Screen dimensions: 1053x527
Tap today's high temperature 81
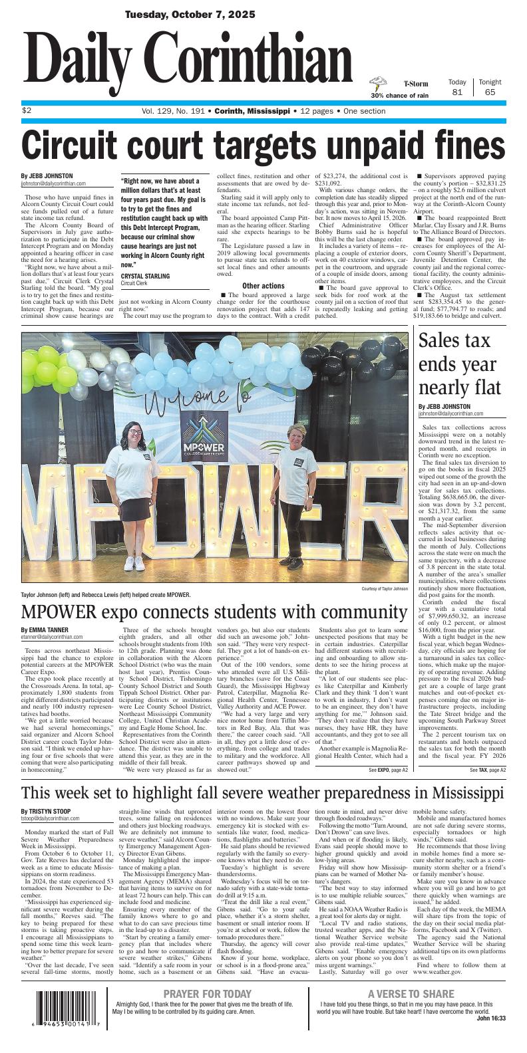457,92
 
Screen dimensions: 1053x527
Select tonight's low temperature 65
490,92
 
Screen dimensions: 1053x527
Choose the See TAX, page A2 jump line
487,770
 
